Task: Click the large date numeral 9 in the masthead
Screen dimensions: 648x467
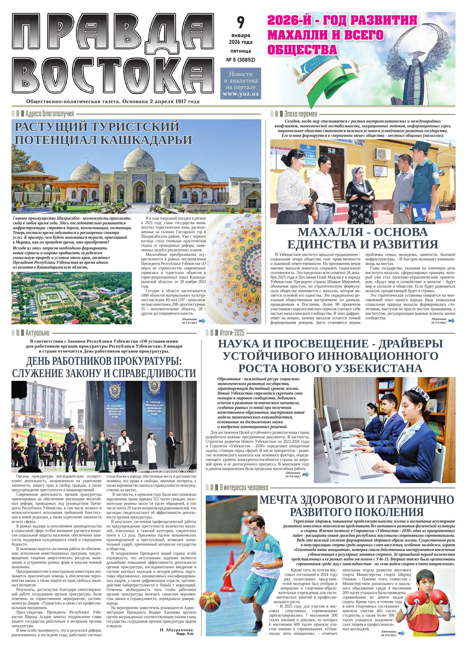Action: [241, 22]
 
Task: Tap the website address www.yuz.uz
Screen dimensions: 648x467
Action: [241, 94]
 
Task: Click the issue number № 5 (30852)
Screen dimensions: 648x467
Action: [241, 60]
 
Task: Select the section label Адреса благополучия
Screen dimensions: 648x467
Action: [50, 113]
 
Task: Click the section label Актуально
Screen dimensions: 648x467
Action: [38, 333]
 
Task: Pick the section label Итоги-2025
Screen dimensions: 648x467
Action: [232, 333]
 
